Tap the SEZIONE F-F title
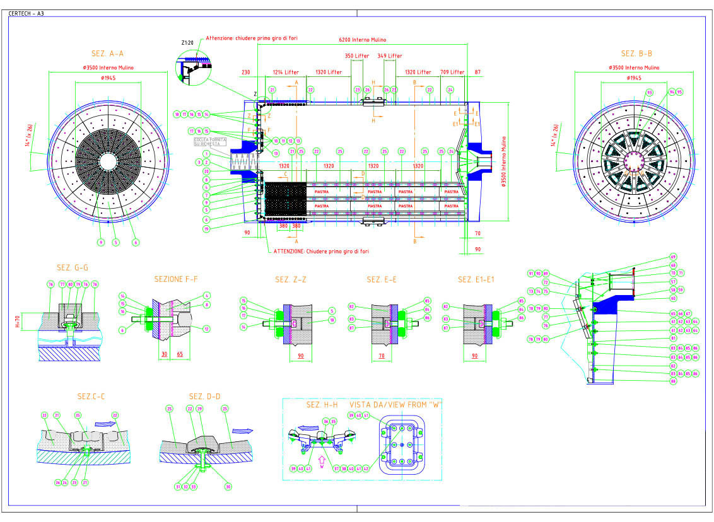coord(176,279)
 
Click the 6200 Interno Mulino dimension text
coord(362,40)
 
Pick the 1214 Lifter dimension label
coord(285,72)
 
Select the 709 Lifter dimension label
coord(452,72)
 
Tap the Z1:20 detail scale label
coord(187,43)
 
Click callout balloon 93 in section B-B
coord(649,93)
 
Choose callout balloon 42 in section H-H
coord(366,468)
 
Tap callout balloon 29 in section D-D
coord(199,409)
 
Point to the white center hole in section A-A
coord(108,161)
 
